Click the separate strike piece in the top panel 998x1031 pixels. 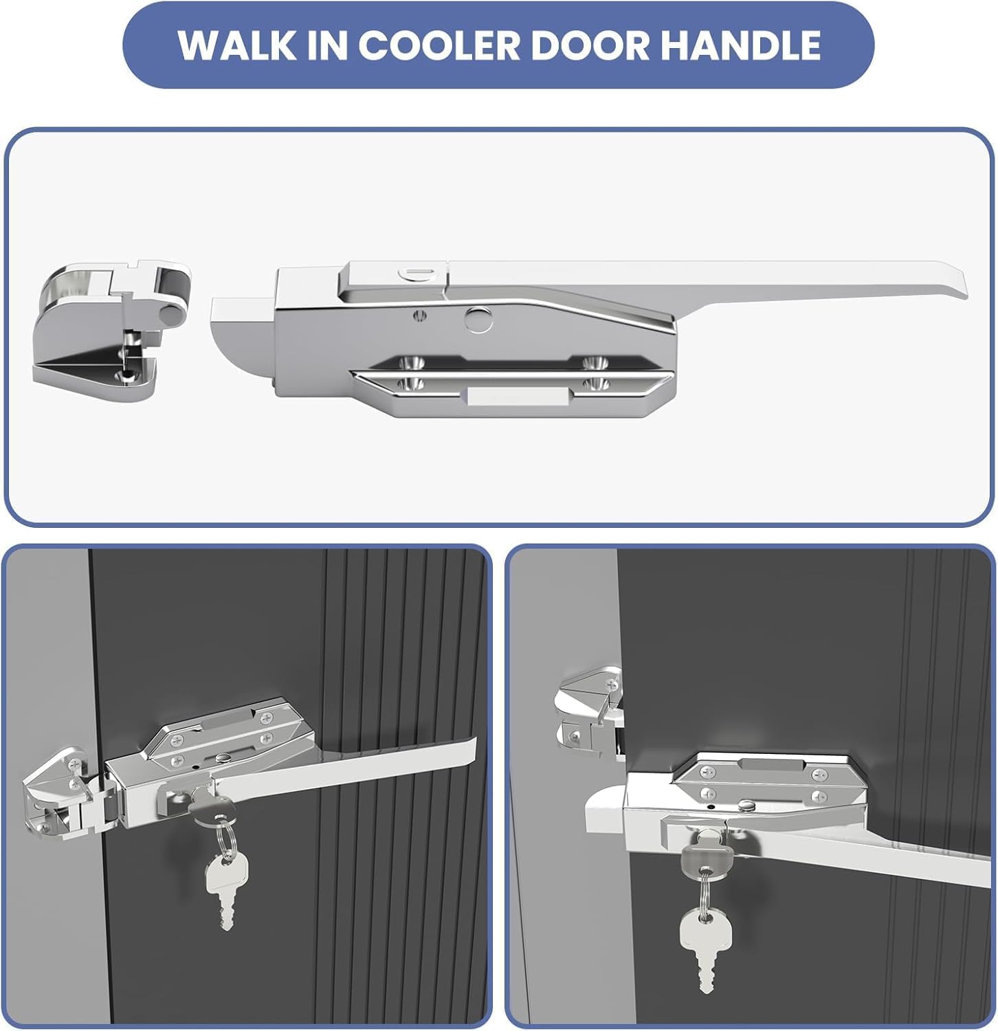pyautogui.click(x=110, y=323)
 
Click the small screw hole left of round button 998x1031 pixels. pyautogui.click(x=419, y=315)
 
